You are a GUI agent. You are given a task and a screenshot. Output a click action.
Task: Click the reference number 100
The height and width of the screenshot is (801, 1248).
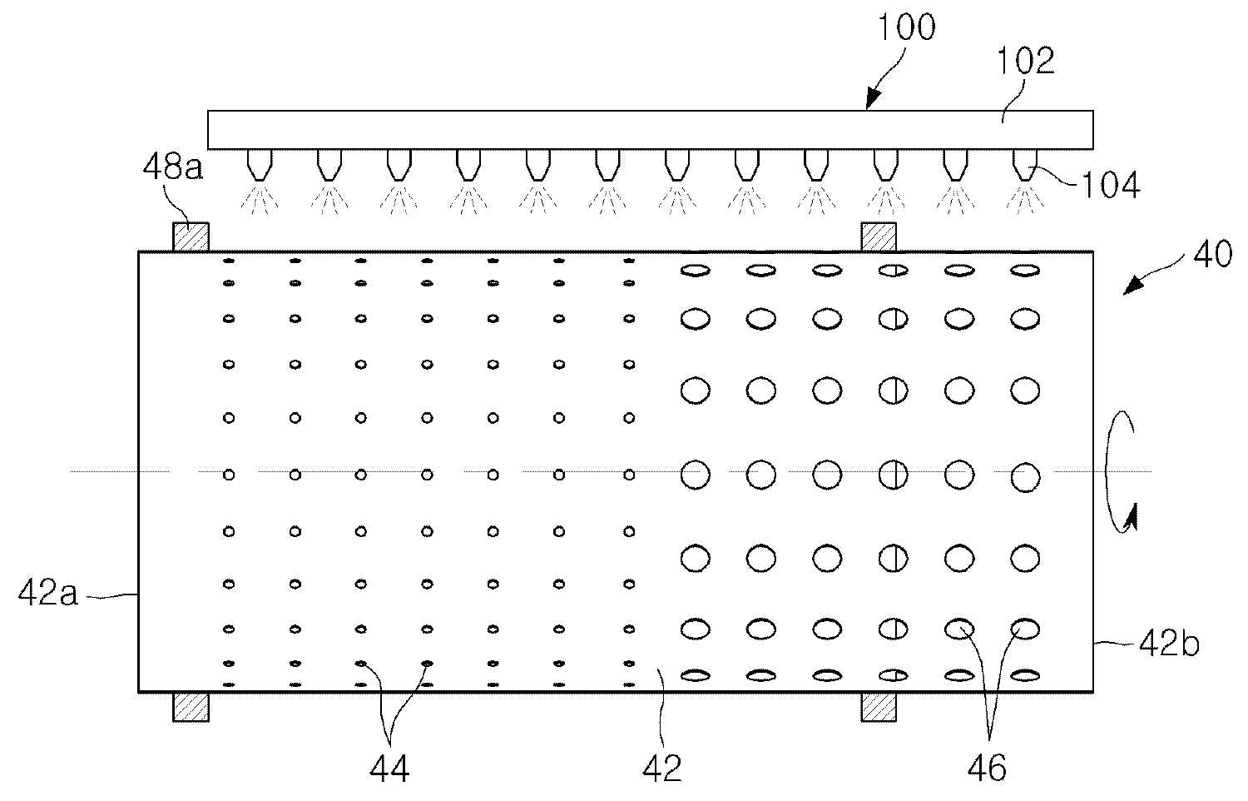click(907, 27)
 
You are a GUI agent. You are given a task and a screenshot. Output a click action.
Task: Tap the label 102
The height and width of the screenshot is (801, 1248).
click(1025, 62)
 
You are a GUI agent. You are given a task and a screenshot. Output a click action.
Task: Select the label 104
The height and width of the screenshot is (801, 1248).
click(1111, 186)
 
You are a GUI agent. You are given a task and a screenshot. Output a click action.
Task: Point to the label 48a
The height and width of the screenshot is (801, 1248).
click(173, 167)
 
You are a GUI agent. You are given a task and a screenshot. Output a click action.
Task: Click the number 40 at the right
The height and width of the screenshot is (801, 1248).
click(1212, 254)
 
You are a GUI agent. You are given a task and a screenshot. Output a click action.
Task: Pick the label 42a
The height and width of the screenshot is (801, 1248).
click(48, 592)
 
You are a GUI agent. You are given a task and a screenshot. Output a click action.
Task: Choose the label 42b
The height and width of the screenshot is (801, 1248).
click(1169, 644)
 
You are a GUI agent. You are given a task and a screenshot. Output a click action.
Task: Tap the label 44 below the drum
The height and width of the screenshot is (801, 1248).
click(389, 769)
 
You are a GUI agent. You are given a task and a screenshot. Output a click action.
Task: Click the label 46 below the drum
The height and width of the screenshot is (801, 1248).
click(987, 769)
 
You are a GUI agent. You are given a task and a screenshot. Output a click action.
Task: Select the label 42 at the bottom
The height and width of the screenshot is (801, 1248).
click(662, 769)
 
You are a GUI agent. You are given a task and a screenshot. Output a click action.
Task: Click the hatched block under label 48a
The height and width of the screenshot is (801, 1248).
click(191, 237)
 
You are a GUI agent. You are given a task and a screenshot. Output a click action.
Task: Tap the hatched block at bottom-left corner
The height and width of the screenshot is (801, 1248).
click(191, 707)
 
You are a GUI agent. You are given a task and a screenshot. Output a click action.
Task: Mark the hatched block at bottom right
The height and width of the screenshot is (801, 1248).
click(879, 707)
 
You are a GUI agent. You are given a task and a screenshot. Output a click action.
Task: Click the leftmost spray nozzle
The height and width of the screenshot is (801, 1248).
click(259, 164)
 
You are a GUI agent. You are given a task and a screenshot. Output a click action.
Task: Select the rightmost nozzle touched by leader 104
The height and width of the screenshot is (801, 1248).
click(1024, 164)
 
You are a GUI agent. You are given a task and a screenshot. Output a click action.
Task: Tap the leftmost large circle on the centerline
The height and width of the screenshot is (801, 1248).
click(696, 475)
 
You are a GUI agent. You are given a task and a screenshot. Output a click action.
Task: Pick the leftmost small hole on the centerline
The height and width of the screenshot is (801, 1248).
click(229, 475)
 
